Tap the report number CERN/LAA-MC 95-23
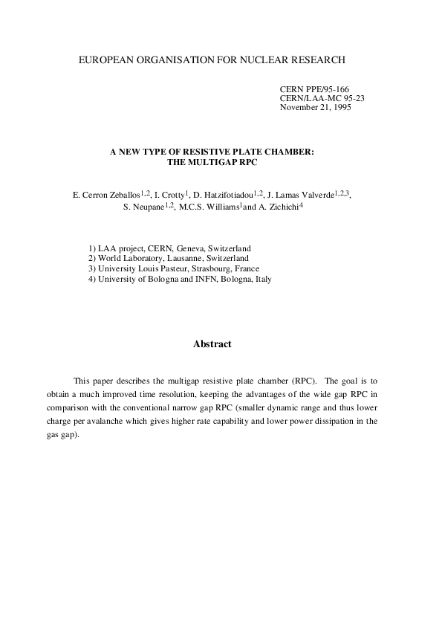click(x=322, y=97)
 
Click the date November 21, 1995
click(x=315, y=107)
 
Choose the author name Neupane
click(x=145, y=208)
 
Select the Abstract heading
click(x=212, y=344)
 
